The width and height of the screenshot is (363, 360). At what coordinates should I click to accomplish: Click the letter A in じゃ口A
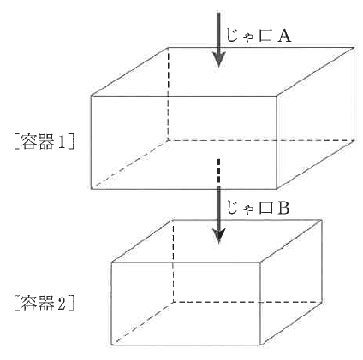pyautogui.click(x=283, y=36)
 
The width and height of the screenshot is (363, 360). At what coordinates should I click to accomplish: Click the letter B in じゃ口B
pyautogui.click(x=283, y=208)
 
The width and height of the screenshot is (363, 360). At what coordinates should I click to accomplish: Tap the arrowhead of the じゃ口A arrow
pyautogui.click(x=218, y=60)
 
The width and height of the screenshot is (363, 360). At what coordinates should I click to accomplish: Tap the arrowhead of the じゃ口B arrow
pyautogui.click(x=218, y=236)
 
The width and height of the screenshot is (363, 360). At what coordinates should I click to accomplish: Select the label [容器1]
pyautogui.click(x=45, y=141)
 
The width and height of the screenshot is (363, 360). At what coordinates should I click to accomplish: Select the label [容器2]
pyautogui.click(x=45, y=303)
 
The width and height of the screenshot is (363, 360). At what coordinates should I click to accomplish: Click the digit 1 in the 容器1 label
pyautogui.click(x=62, y=141)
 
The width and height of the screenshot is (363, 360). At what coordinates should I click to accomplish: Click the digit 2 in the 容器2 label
pyautogui.click(x=62, y=303)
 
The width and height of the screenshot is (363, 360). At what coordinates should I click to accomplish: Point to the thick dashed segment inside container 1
pyautogui.click(x=218, y=170)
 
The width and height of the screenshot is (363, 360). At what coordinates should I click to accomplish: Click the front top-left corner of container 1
pyautogui.click(x=92, y=96)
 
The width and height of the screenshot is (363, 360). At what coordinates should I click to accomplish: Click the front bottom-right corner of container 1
pyautogui.click(x=277, y=189)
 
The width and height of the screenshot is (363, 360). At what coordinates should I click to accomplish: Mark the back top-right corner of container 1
pyautogui.click(x=354, y=47)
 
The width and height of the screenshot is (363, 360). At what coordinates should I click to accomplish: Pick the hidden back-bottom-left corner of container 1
pyautogui.click(x=168, y=140)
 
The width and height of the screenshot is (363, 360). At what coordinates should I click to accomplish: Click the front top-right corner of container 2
pyautogui.click(x=260, y=263)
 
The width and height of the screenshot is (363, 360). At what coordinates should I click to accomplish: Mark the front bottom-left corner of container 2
pyautogui.click(x=111, y=345)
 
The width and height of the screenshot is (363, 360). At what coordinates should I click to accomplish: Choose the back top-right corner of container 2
pyautogui.click(x=322, y=220)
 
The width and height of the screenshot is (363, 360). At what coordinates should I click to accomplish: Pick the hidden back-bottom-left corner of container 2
pyautogui.click(x=173, y=302)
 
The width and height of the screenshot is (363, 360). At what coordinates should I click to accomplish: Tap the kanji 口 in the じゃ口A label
pyautogui.click(x=265, y=36)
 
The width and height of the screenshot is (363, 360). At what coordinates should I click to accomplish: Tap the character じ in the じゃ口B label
pyautogui.click(x=232, y=208)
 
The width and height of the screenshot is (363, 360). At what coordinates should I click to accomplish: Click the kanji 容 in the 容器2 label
pyautogui.click(x=29, y=303)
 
